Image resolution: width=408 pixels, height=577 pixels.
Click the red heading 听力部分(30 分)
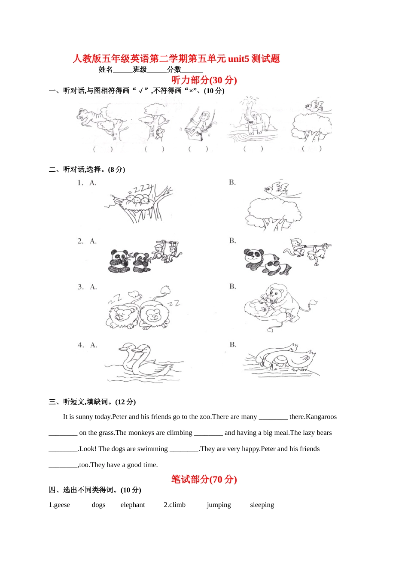[204, 80]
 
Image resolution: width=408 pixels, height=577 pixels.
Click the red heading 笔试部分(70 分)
[204, 479]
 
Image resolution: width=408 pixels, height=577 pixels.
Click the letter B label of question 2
[232, 241]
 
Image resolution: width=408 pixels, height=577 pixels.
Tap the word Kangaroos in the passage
[321, 417]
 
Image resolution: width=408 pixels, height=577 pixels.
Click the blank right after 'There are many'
[273, 417]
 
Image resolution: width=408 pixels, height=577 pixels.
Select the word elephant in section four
[133, 505]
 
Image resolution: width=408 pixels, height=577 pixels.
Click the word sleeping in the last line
[262, 505]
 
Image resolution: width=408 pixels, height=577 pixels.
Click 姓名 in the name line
[106, 70]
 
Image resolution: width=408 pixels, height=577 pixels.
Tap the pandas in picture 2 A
[129, 261]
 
